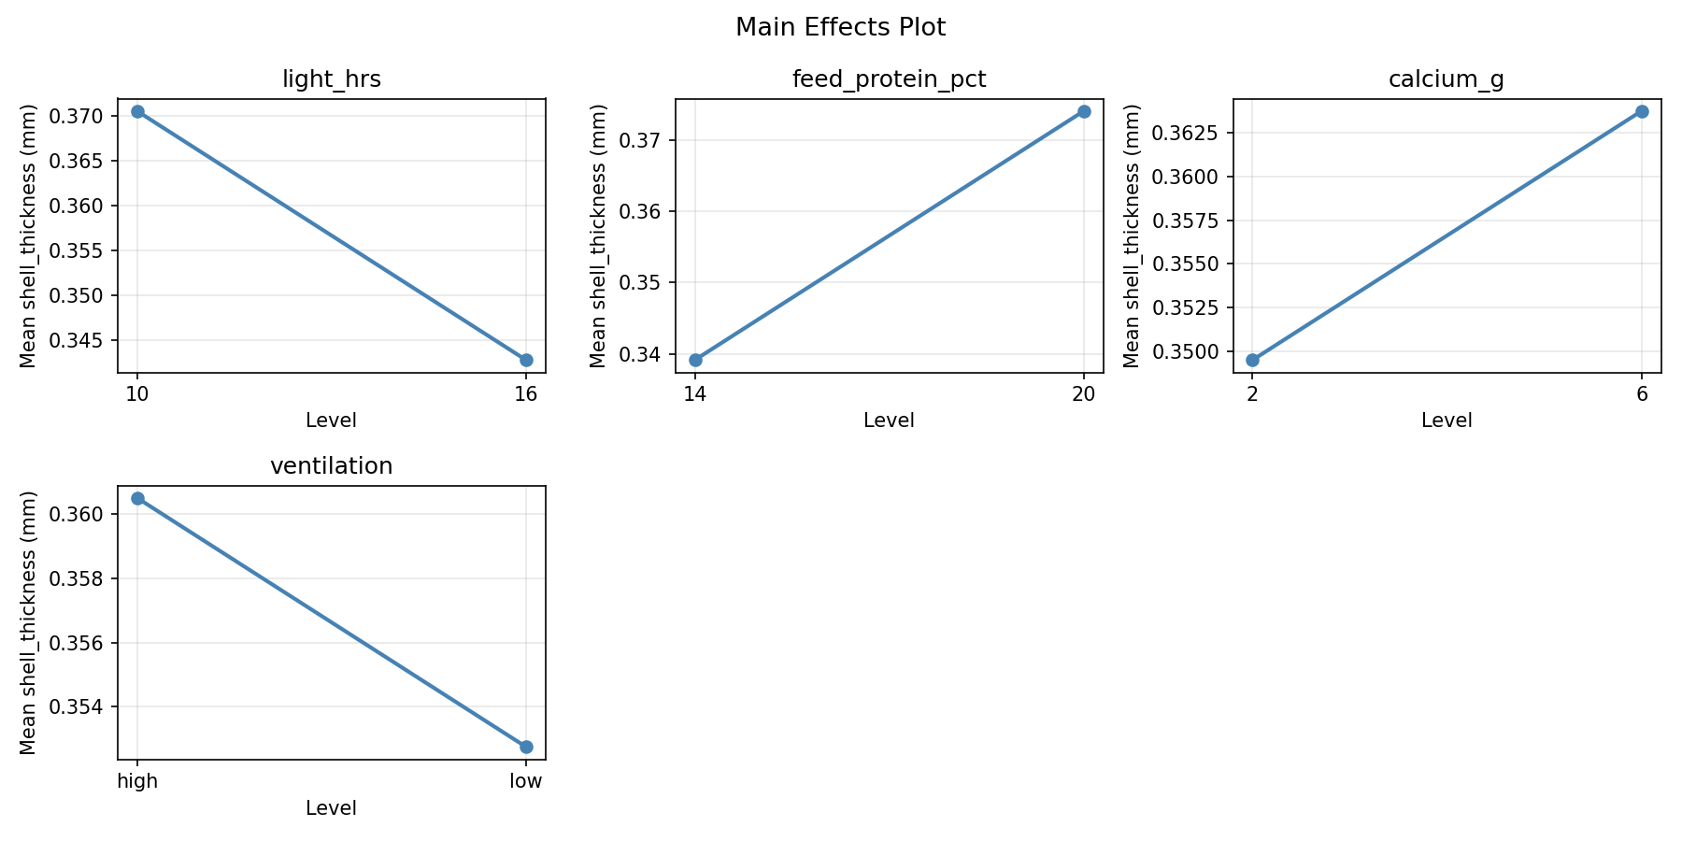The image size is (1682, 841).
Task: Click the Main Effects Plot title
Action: point(840,28)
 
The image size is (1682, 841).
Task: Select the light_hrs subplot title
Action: point(331,79)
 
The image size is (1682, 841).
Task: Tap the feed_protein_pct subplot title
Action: point(889,79)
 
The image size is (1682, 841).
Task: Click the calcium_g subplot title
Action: point(1446,79)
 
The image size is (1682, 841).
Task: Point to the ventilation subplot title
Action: point(331,466)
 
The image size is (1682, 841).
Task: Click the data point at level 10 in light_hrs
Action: point(137,111)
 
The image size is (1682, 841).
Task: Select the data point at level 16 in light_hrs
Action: point(526,360)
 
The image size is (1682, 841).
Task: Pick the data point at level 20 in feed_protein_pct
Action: point(1084,111)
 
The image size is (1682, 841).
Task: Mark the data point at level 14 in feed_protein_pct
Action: point(695,360)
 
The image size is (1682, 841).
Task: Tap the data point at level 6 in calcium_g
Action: point(1642,111)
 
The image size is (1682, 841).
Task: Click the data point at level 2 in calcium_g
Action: point(1252,360)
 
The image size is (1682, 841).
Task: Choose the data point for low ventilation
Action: point(526,747)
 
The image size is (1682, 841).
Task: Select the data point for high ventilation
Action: point(137,498)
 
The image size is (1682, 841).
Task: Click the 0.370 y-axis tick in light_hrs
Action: point(86,117)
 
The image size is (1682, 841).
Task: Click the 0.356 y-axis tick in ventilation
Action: point(86,643)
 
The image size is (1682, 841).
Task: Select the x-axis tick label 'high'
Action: point(137,781)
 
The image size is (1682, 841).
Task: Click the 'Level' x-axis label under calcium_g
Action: point(1446,420)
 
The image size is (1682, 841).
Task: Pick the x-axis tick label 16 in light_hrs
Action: point(526,393)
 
